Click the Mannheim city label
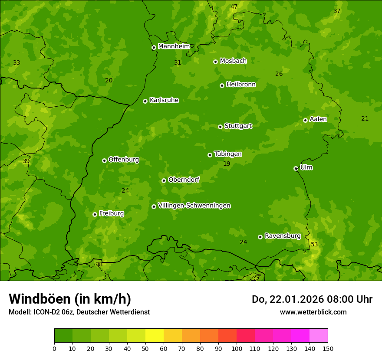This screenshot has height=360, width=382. pyautogui.click(x=174, y=46)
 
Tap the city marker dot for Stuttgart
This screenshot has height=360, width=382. pyautogui.click(x=220, y=127)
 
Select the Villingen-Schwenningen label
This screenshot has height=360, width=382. pyautogui.click(x=194, y=206)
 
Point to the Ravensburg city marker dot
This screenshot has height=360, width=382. pyautogui.click(x=260, y=237)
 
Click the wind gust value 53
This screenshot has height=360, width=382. pyautogui.click(x=314, y=245)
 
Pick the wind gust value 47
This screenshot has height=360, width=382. pyautogui.click(x=234, y=7)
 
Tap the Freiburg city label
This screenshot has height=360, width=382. pyautogui.click(x=111, y=213)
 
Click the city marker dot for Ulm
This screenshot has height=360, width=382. pyautogui.click(x=296, y=168)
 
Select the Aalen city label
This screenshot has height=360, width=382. pyautogui.click(x=318, y=119)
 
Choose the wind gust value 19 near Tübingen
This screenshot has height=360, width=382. pyautogui.click(x=227, y=164)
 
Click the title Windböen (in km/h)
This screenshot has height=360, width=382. pyautogui.click(x=70, y=299)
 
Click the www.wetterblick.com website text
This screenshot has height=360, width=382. pyautogui.click(x=313, y=312)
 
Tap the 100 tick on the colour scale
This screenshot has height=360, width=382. pyautogui.click(x=237, y=348)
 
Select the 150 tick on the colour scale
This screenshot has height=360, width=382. pyautogui.click(x=328, y=348)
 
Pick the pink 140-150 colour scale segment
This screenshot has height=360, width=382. pyautogui.click(x=319, y=336)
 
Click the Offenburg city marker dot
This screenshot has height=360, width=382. pyautogui.click(x=104, y=160)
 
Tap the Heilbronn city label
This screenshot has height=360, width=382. pyautogui.click(x=241, y=85)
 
